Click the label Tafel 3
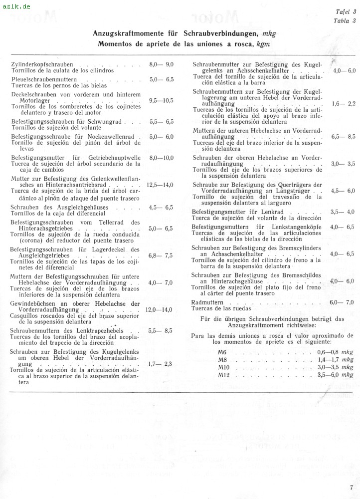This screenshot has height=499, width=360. click(345, 13)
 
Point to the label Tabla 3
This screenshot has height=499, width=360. click(345, 20)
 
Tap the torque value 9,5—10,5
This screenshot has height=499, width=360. click(161, 100)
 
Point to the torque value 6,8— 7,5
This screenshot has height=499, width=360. click(161, 255)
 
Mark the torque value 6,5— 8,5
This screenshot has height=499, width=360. click(343, 136)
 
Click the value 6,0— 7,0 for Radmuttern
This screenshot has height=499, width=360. click(342, 302)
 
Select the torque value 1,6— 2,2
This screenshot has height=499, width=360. click(343, 104)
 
